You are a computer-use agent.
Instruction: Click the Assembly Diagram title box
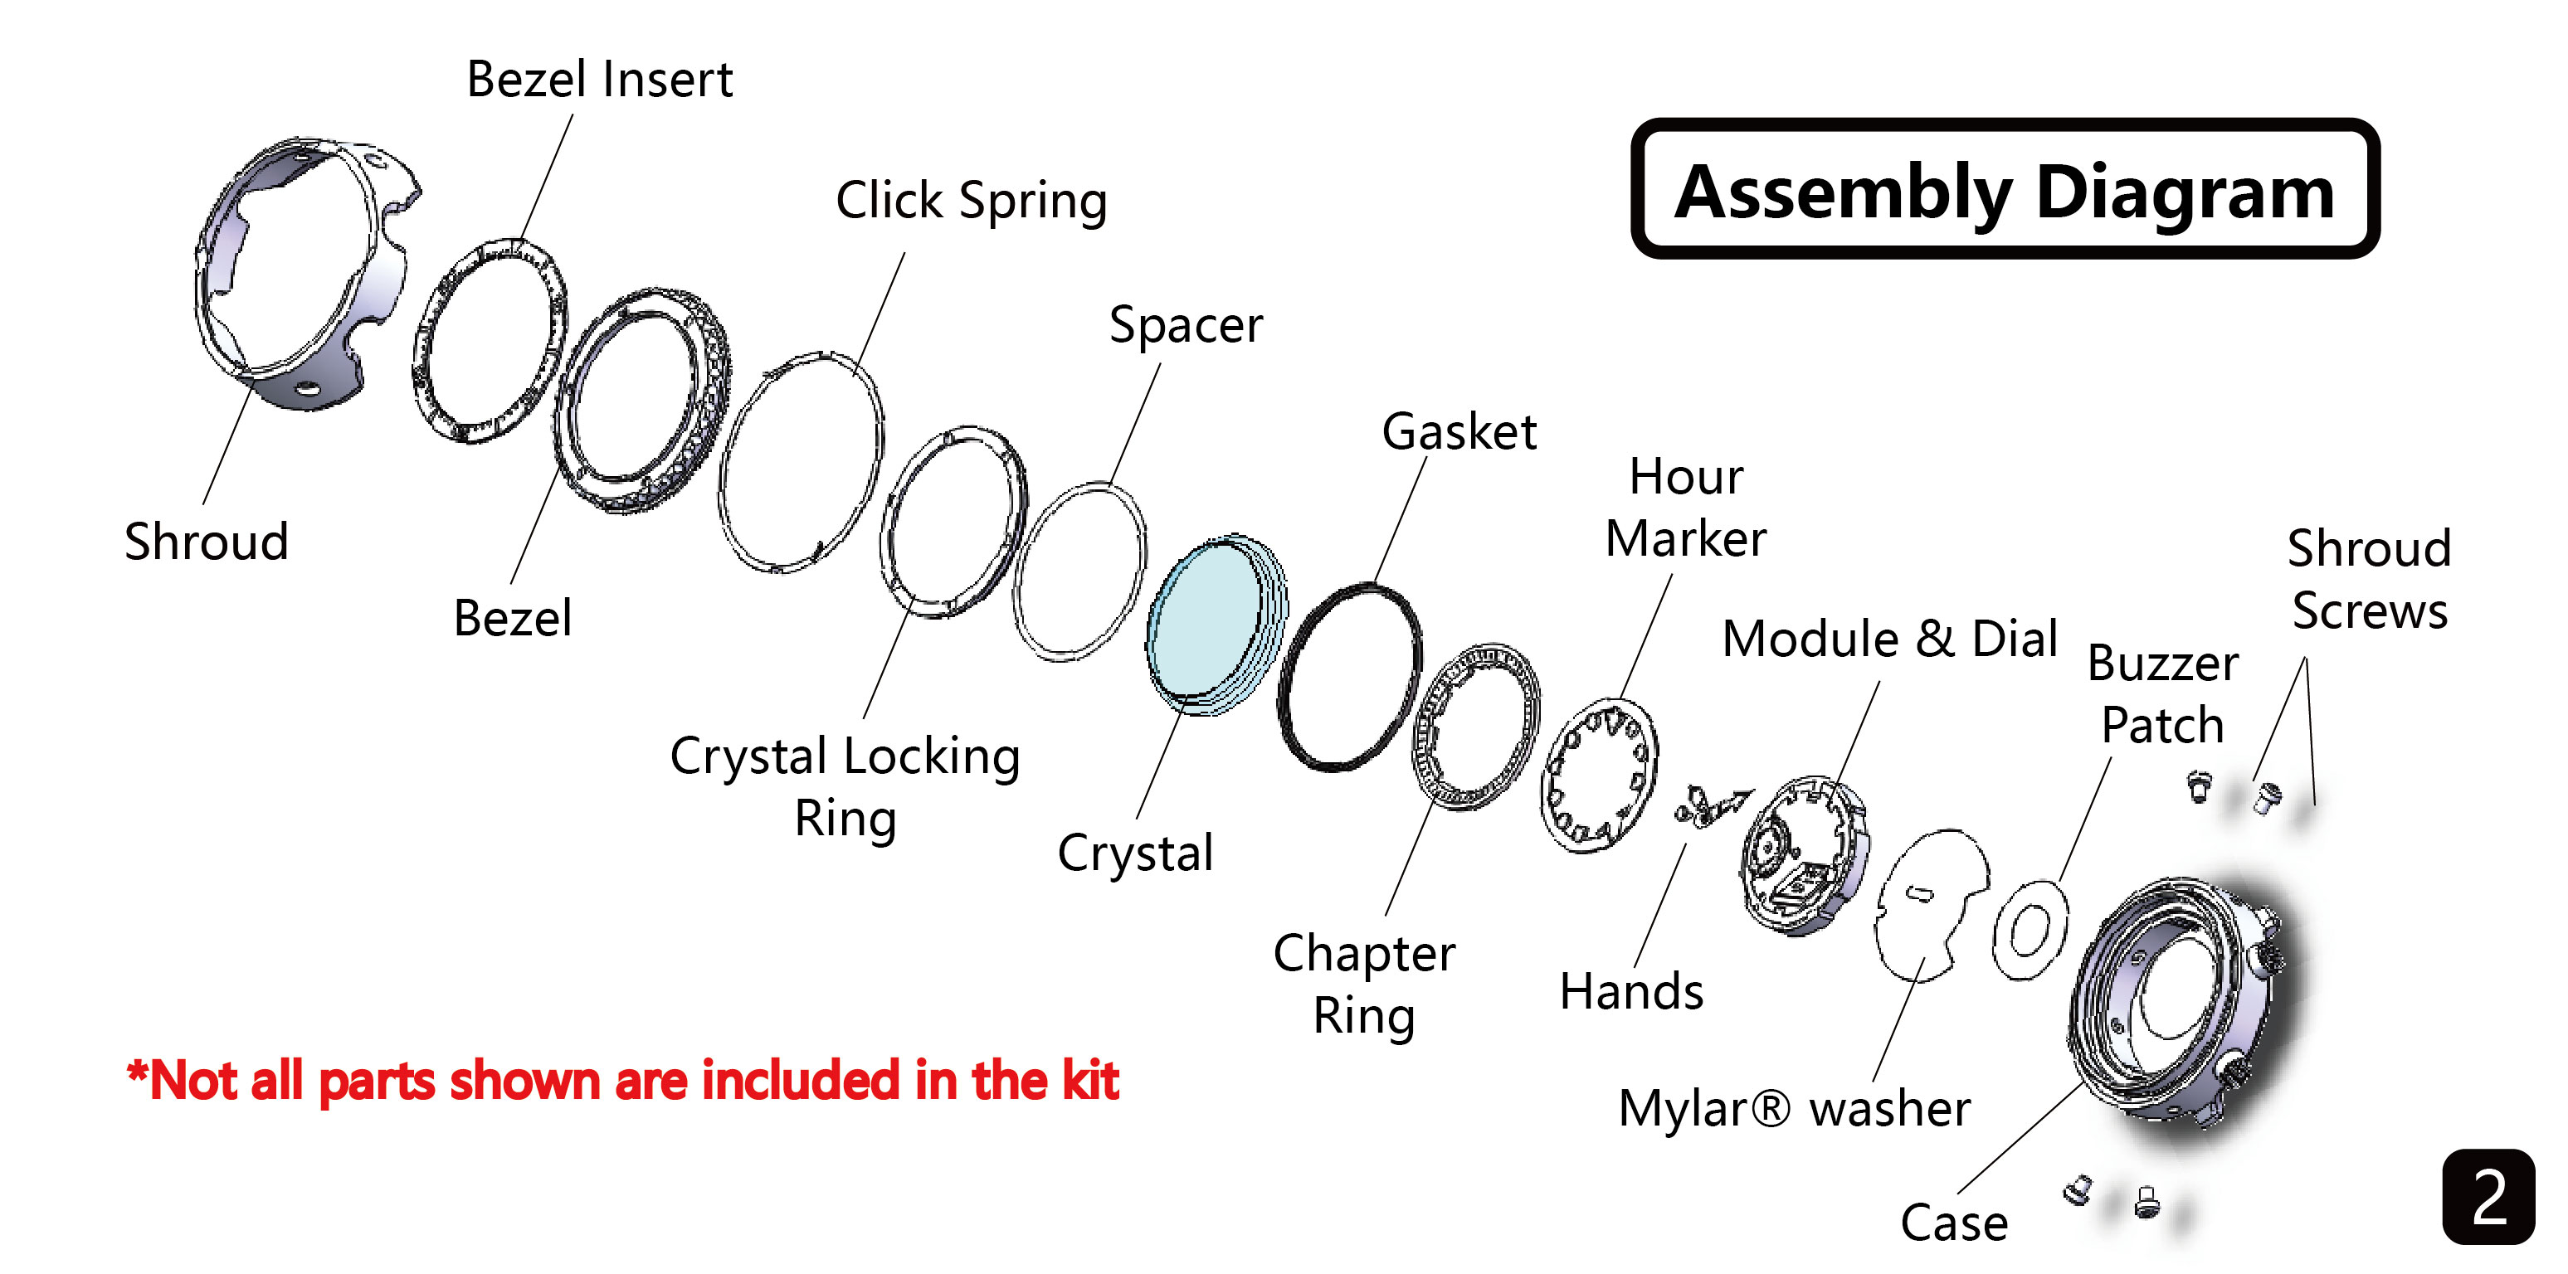point(2004,189)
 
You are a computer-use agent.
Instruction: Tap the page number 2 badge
point(2488,1196)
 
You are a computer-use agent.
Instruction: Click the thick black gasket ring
point(1351,678)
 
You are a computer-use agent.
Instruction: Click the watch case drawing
point(2183,1007)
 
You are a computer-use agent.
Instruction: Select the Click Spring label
point(971,202)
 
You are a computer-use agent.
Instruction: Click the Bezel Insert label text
point(599,80)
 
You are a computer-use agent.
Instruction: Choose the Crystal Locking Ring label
point(845,786)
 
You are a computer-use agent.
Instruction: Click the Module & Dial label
point(1889,639)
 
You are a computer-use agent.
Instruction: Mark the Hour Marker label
point(1686,508)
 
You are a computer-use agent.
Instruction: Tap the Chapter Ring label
point(1364,984)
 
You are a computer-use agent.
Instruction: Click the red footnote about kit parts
point(623,1081)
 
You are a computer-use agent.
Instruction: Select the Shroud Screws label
point(2369,579)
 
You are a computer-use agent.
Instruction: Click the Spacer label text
point(1186,326)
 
